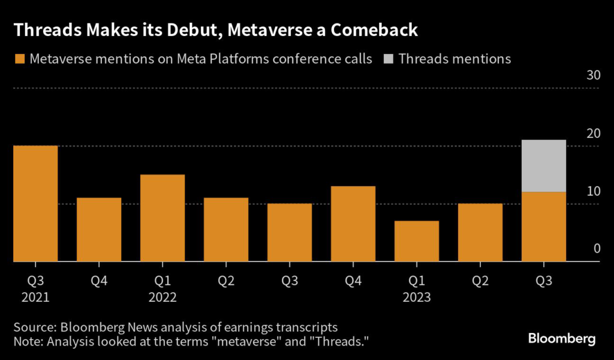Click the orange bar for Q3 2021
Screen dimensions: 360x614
(x=35, y=203)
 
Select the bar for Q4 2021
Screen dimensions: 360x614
(x=99, y=230)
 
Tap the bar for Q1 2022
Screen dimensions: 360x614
(x=162, y=218)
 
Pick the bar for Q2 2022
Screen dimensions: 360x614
(x=226, y=230)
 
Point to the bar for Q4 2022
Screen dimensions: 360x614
(x=353, y=224)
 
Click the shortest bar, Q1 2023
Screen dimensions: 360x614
(x=417, y=241)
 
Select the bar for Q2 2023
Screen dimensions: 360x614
(x=480, y=233)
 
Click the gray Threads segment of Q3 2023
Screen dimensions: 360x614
(x=544, y=166)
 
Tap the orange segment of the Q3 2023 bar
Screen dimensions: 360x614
(x=544, y=227)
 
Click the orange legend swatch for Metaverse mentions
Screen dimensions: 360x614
(x=19, y=59)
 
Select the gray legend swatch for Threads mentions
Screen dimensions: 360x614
(x=389, y=59)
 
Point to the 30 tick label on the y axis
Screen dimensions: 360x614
(x=594, y=76)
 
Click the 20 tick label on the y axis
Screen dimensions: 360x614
(x=594, y=133)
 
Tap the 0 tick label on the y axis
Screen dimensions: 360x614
(x=597, y=249)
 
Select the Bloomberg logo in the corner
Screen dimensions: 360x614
(x=562, y=339)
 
